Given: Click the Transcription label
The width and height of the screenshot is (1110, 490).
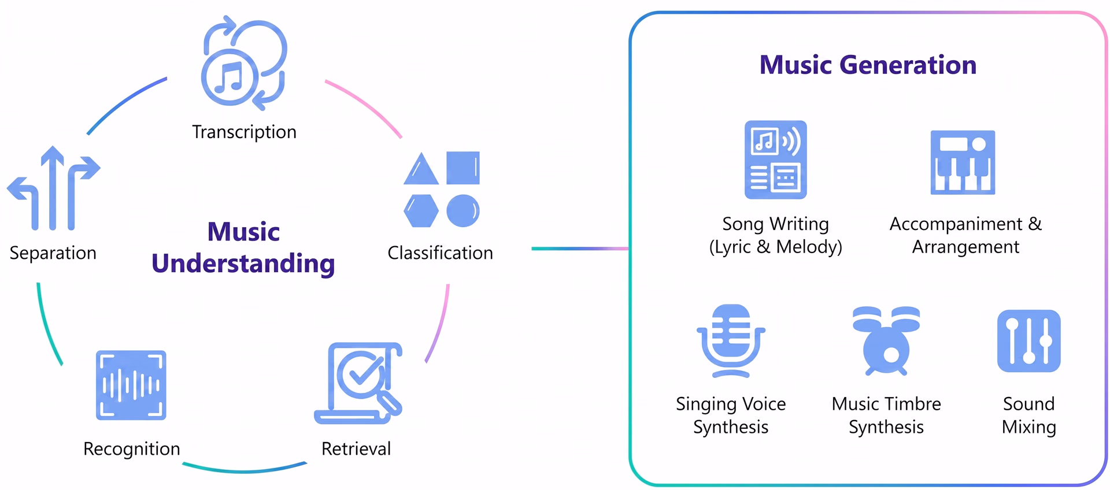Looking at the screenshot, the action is tap(244, 132).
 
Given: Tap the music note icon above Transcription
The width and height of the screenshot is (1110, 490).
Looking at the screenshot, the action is tap(244, 63).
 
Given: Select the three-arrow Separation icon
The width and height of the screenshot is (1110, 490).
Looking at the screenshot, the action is tap(53, 188).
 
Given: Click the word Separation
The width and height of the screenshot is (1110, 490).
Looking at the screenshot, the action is tap(53, 253).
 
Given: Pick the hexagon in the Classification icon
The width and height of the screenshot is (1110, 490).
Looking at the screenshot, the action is tap(421, 210).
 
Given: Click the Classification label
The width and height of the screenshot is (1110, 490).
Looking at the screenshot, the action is tap(440, 253).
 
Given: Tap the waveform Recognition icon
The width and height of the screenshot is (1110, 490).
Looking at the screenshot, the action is tap(131, 385).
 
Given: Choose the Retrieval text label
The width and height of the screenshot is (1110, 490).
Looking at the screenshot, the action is tap(356, 449).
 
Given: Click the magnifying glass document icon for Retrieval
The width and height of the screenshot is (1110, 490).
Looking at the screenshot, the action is tap(358, 383).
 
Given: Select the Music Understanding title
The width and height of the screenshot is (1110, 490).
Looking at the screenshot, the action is tap(243, 248).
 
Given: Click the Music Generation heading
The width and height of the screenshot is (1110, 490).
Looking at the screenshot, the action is tap(868, 65).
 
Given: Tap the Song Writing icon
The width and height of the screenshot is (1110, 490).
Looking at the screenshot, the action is tap(775, 159).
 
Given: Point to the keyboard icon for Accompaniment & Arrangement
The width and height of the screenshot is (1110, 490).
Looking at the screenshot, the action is tap(963, 162).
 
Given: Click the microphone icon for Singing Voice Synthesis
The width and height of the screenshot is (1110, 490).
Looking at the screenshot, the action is tap(731, 341).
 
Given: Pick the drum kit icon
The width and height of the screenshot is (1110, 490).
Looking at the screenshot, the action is tap(886, 340).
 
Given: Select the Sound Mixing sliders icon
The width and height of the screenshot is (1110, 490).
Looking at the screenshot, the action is tap(1029, 341).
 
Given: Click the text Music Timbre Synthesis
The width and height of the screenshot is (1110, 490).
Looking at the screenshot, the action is tap(886, 415).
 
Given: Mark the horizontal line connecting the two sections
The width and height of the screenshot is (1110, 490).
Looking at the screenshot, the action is tap(580, 248).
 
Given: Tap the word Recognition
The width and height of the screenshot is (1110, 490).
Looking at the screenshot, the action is tap(132, 449).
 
